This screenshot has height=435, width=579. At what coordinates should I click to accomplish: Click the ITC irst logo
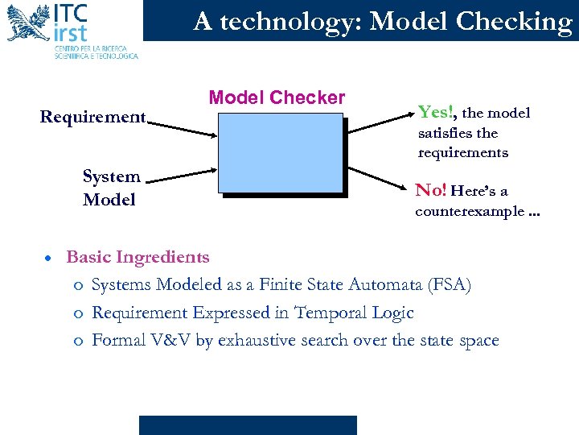click(x=71, y=31)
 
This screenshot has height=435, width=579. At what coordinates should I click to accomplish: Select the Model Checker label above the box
click(x=277, y=98)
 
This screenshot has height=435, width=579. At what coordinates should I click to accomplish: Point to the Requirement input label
click(x=93, y=118)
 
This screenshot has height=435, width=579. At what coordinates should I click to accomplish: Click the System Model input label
click(x=111, y=188)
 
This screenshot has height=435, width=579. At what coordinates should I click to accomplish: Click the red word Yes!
click(x=436, y=111)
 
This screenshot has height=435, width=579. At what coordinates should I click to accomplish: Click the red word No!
click(x=431, y=191)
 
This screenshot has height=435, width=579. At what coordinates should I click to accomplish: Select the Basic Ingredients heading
click(x=138, y=257)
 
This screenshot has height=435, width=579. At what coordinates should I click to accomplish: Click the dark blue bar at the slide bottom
click(x=248, y=425)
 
